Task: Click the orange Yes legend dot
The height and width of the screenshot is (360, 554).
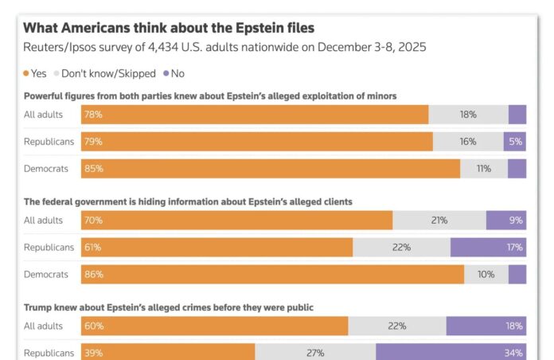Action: coord(25,73)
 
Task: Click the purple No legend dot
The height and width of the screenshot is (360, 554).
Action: coord(166,73)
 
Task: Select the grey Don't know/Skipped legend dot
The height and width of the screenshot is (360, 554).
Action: coord(56,73)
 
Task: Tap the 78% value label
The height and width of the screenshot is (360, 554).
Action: coord(93,115)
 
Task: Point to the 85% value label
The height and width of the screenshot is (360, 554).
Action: coord(93,169)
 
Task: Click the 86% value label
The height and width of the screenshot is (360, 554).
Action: coord(93,274)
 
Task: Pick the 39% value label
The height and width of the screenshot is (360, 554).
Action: coord(93,353)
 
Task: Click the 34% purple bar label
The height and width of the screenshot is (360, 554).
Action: coord(513,353)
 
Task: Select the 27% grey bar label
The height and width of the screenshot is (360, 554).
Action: coord(315,353)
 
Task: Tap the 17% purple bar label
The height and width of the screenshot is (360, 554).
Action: coord(513,248)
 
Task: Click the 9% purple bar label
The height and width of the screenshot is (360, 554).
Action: coord(516,221)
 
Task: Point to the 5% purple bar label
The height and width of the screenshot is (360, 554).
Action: coord(516,142)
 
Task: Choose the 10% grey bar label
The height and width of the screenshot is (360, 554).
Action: coord(486,274)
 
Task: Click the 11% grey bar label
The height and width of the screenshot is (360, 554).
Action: coord(484,169)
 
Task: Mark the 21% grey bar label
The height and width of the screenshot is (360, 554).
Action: coord(439,221)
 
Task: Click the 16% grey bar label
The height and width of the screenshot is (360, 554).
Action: coord(467,142)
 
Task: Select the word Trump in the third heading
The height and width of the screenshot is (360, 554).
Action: coord(37,307)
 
